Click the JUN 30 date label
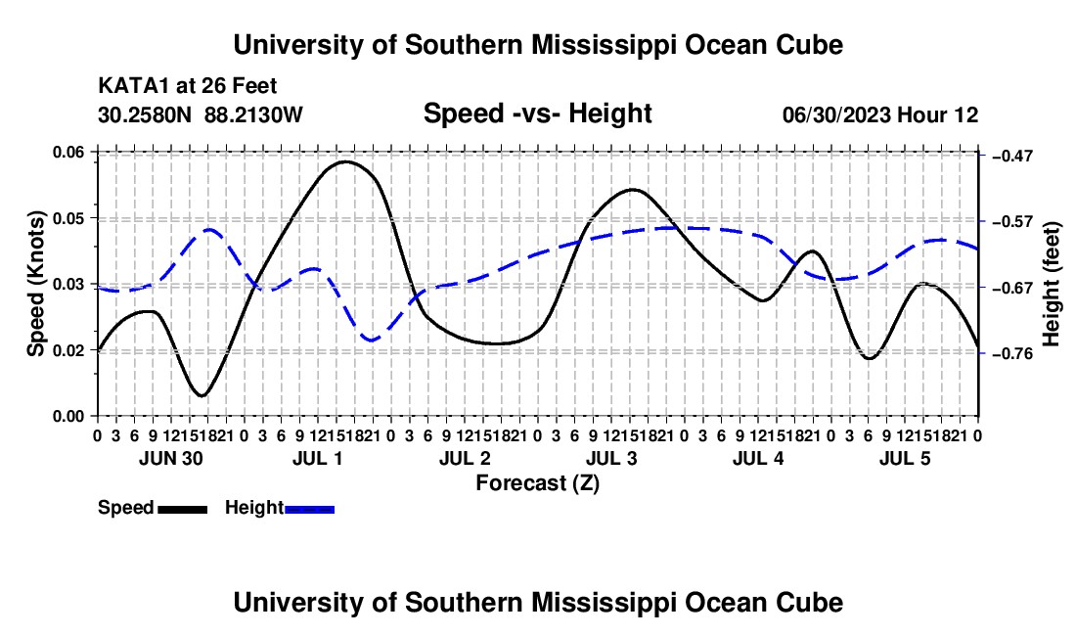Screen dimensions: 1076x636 tap(171, 458)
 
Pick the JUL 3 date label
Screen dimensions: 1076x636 tap(611, 458)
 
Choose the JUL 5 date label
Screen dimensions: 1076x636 tap(905, 458)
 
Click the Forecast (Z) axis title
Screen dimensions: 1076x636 tap(537, 483)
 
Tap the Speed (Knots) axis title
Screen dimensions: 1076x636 tap(35, 284)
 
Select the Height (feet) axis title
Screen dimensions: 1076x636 tap(1052, 284)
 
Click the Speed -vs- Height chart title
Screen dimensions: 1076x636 tap(537, 114)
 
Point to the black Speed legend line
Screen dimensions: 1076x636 tap(183, 509)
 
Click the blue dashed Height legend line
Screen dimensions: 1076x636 tap(309, 509)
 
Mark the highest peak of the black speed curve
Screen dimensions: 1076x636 tap(345, 161)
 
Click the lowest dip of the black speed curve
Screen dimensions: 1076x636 tap(202, 396)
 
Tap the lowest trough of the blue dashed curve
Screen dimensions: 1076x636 tap(372, 341)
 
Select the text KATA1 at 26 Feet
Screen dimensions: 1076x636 tap(188, 86)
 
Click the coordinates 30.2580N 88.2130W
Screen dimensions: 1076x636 tap(200, 114)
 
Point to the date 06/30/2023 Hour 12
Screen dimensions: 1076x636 tap(880, 114)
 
